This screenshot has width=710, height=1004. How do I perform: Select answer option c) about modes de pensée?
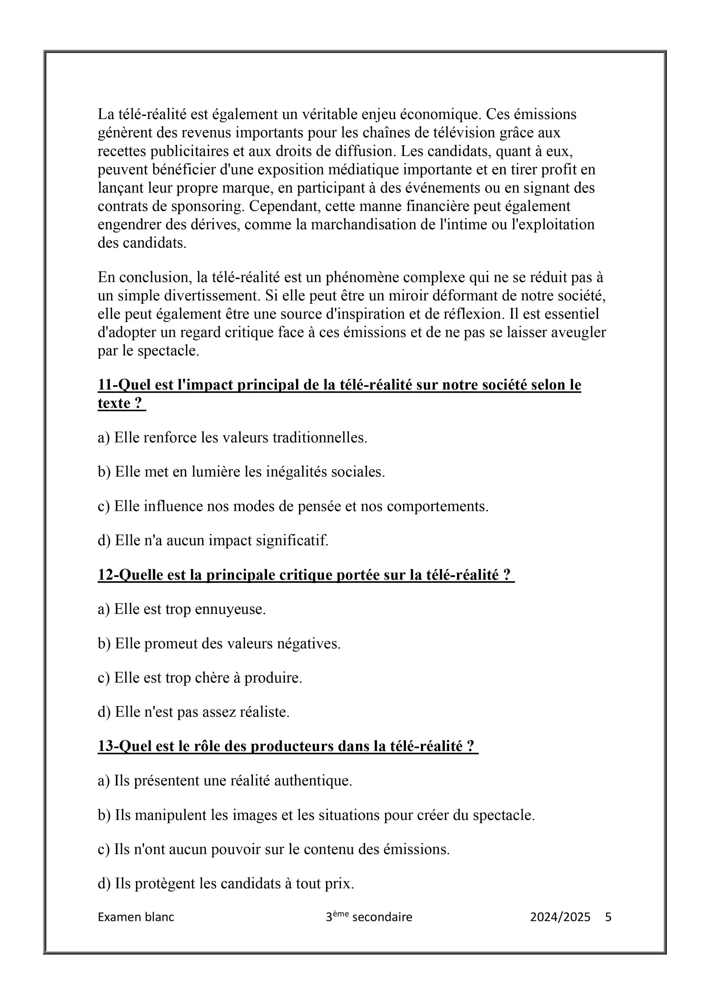coord(293,506)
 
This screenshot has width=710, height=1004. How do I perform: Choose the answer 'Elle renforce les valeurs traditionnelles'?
coord(232,438)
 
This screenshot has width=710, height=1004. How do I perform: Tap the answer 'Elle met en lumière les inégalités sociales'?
coord(241,472)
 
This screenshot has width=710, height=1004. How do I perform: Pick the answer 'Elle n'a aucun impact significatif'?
coord(213,540)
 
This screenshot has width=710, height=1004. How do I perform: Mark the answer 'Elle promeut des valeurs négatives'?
coord(219,644)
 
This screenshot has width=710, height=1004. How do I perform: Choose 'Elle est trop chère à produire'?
coord(200,678)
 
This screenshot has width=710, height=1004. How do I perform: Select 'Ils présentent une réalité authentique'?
coord(225,780)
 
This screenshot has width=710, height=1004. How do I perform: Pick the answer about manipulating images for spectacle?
coord(316,815)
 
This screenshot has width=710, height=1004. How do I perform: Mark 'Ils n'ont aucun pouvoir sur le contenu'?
coord(274,849)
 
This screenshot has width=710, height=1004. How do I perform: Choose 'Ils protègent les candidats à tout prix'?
coord(226,883)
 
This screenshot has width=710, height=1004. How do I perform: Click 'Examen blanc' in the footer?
coord(136,917)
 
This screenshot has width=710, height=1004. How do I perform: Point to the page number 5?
coord(608,917)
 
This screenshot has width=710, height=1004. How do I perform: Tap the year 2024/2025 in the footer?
coord(560,917)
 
